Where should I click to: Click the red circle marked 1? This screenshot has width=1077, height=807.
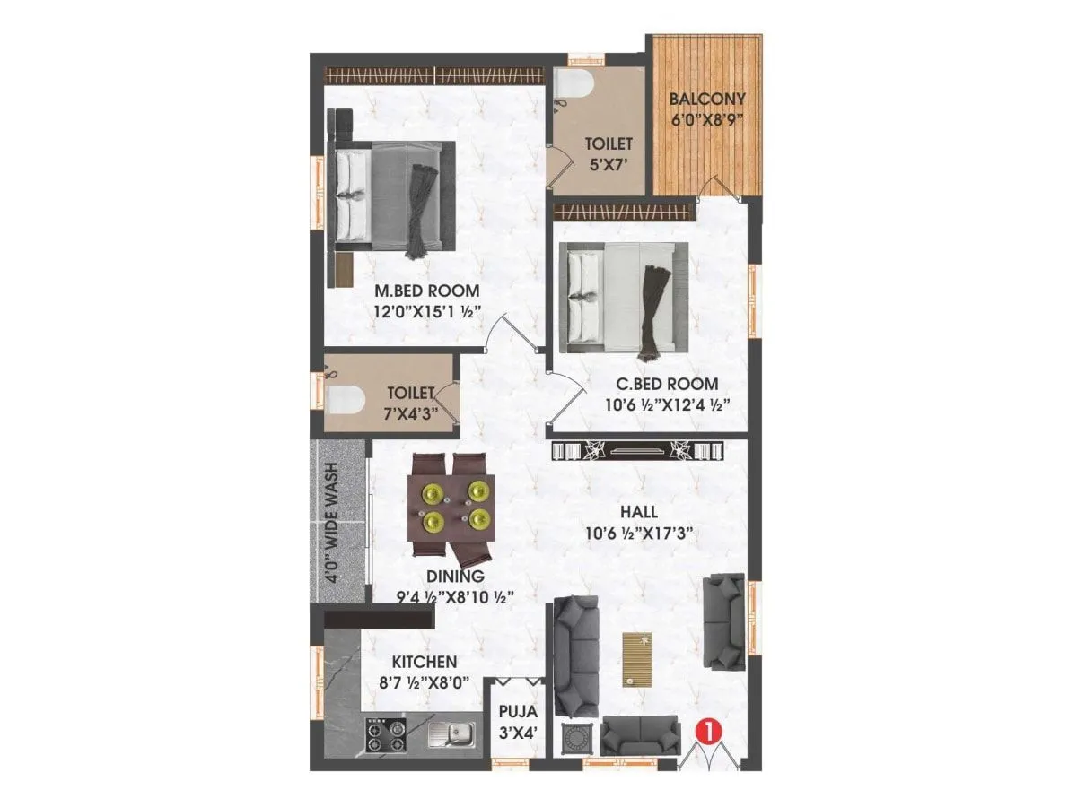click(709, 732)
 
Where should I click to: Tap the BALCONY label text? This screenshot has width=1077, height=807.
click(706, 99)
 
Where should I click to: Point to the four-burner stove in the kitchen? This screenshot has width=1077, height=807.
click(385, 736)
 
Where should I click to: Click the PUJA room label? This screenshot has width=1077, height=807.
click(518, 712)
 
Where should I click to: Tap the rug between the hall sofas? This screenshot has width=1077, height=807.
click(637, 659)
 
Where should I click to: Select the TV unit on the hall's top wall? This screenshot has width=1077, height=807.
click(636, 450)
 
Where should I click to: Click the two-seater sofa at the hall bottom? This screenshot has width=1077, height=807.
click(638, 735)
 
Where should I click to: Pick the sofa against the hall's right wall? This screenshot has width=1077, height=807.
click(723, 621)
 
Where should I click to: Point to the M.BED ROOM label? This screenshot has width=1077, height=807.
click(427, 291)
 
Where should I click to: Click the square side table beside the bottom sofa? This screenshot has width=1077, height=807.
click(575, 740)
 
